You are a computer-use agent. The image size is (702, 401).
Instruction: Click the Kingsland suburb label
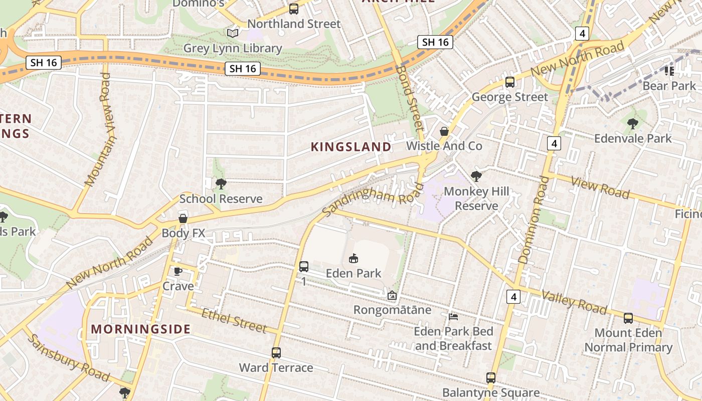click(x=351, y=147)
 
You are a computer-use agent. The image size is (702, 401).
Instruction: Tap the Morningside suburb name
click(x=141, y=329)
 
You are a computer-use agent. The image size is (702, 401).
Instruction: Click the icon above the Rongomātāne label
click(x=392, y=296)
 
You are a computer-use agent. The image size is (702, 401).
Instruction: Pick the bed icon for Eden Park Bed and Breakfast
click(x=453, y=317)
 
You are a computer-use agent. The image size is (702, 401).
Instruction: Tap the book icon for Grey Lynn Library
click(x=232, y=34)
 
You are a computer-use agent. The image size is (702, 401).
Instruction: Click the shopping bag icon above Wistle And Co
click(x=444, y=132)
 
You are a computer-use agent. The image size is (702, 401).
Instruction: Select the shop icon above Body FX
click(x=183, y=219)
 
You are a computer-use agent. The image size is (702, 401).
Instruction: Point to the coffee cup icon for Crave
click(x=178, y=272)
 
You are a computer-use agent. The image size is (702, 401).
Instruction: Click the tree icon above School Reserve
click(x=221, y=184)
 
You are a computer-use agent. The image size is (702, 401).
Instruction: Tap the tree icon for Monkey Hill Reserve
click(x=476, y=176)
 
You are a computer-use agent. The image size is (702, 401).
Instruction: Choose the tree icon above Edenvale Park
click(x=632, y=123)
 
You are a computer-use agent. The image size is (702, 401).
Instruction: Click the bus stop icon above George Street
click(x=510, y=82)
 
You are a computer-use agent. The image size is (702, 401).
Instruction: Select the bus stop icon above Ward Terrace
click(x=276, y=353)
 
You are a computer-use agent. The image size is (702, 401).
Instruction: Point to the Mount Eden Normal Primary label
click(x=628, y=340)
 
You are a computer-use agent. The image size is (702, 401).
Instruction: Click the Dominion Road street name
click(x=531, y=220)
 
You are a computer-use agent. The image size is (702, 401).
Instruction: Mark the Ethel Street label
click(x=234, y=321)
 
